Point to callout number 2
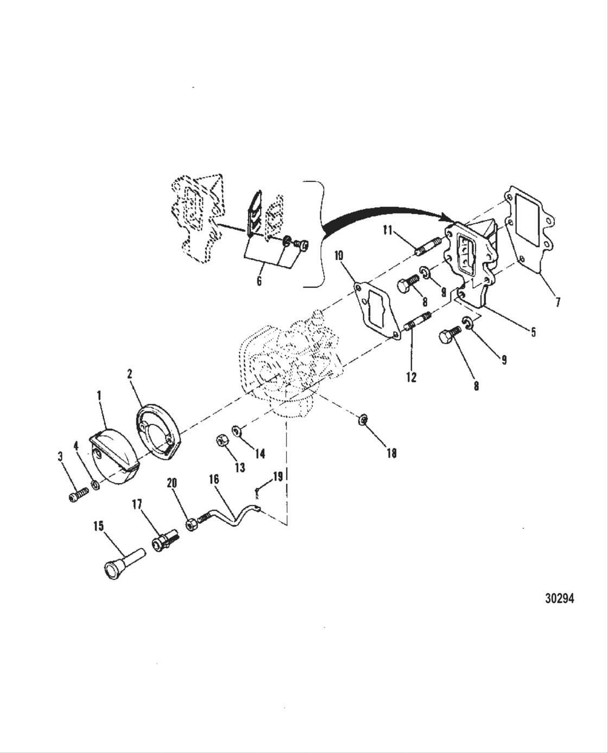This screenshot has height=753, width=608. [130, 374]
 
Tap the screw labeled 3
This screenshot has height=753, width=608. [78, 496]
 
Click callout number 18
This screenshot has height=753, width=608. [391, 453]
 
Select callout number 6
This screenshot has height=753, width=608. [259, 281]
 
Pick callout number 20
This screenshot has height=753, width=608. [172, 483]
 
